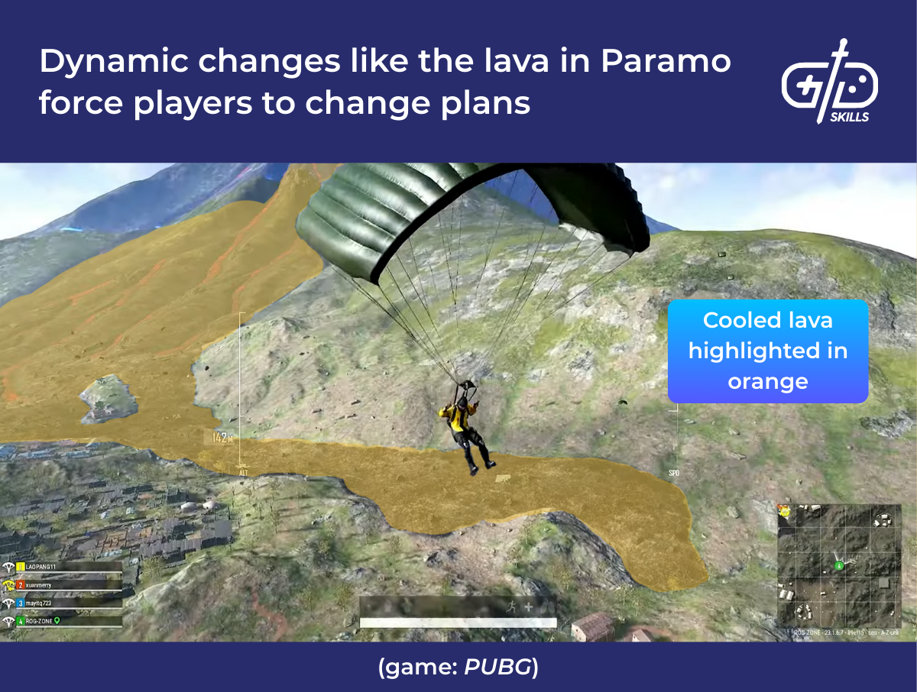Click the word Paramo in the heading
click(666, 61)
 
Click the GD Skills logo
click(829, 81)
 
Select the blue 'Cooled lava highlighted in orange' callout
click(768, 351)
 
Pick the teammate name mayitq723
click(44, 603)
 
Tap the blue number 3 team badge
click(21, 603)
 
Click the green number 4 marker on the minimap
click(838, 566)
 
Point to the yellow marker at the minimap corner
click(785, 510)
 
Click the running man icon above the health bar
click(510, 606)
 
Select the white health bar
click(458, 623)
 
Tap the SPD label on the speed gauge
click(673, 474)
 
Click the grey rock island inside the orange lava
click(109, 397)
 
